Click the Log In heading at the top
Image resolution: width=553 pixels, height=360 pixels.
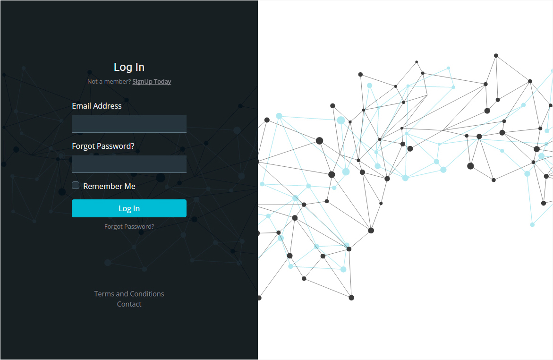click(x=129, y=67)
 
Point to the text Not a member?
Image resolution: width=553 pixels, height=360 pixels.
click(x=109, y=82)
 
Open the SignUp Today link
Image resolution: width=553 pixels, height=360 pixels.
click(x=152, y=82)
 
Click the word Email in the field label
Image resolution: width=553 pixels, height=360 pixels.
click(x=82, y=106)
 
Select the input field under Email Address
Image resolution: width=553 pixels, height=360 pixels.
click(x=129, y=124)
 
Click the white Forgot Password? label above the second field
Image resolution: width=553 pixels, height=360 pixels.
click(x=103, y=146)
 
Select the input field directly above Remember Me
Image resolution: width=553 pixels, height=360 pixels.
click(x=129, y=164)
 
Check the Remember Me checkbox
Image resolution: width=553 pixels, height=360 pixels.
click(x=76, y=185)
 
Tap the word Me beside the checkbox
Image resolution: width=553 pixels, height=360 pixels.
click(x=130, y=186)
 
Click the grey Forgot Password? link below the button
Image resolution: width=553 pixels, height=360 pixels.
click(x=129, y=227)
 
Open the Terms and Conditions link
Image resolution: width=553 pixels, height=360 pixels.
click(x=129, y=294)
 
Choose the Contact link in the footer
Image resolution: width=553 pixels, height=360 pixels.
click(x=129, y=304)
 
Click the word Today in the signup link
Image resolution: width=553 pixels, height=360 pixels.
click(x=162, y=82)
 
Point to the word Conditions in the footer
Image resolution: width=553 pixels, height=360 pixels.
click(x=147, y=294)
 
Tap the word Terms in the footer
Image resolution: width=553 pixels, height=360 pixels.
click(x=104, y=294)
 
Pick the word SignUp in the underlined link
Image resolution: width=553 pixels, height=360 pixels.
click(x=142, y=82)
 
